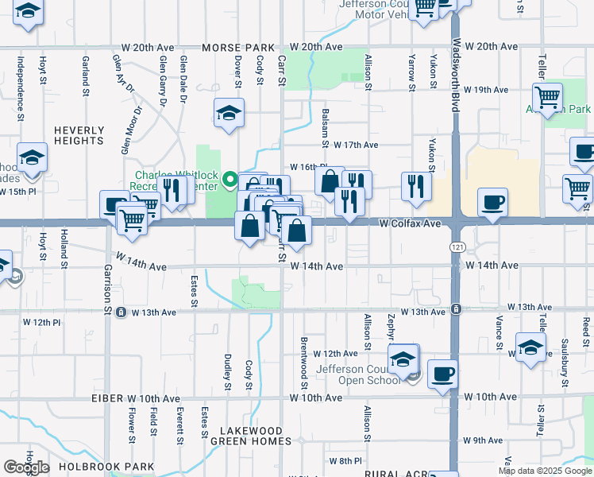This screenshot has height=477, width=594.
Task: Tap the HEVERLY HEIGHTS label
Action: click(x=79, y=135)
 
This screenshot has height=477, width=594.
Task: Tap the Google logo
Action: click(x=26, y=467)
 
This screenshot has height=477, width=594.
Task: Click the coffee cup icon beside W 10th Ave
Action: click(x=442, y=373)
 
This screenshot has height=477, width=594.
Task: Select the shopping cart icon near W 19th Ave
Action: click(x=547, y=98)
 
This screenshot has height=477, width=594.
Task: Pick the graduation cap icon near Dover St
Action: click(x=229, y=113)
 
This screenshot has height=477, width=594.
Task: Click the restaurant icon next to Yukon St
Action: click(x=416, y=186)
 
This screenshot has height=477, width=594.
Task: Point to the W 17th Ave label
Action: click(x=356, y=145)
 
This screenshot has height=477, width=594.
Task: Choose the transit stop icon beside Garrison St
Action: click(x=121, y=312)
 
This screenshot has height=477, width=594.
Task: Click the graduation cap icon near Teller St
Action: click(x=530, y=347)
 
